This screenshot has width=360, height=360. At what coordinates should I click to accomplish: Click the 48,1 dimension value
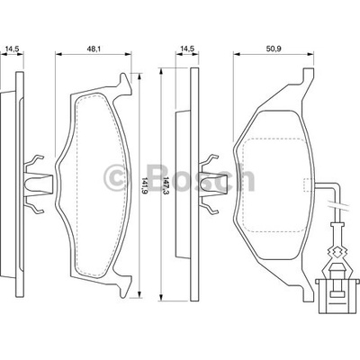pos(94,49)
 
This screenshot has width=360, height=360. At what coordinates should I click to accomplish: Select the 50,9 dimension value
pos(274,49)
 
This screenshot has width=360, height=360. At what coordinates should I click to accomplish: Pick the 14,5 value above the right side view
pos(187,49)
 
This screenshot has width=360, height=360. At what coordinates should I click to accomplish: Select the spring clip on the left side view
pos(37,184)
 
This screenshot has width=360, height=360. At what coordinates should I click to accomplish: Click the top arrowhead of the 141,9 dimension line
pos(139,76)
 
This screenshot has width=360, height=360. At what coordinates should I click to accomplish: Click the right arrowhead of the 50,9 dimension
pos(310,54)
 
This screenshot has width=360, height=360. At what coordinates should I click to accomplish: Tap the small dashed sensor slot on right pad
pos(307,184)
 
